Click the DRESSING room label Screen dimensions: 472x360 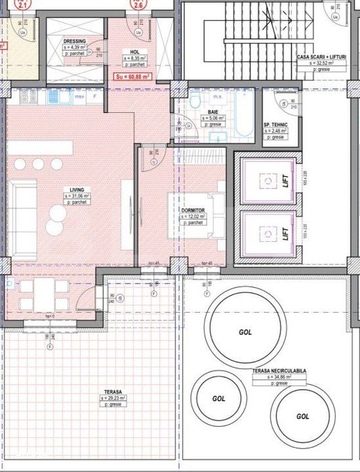[x=75, y=41]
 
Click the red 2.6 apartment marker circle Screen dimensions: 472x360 [x=138, y=5]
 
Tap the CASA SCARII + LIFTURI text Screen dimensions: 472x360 [x=322, y=57]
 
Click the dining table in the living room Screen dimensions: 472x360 [x=42, y=295]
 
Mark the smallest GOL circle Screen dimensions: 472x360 [x=217, y=398]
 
